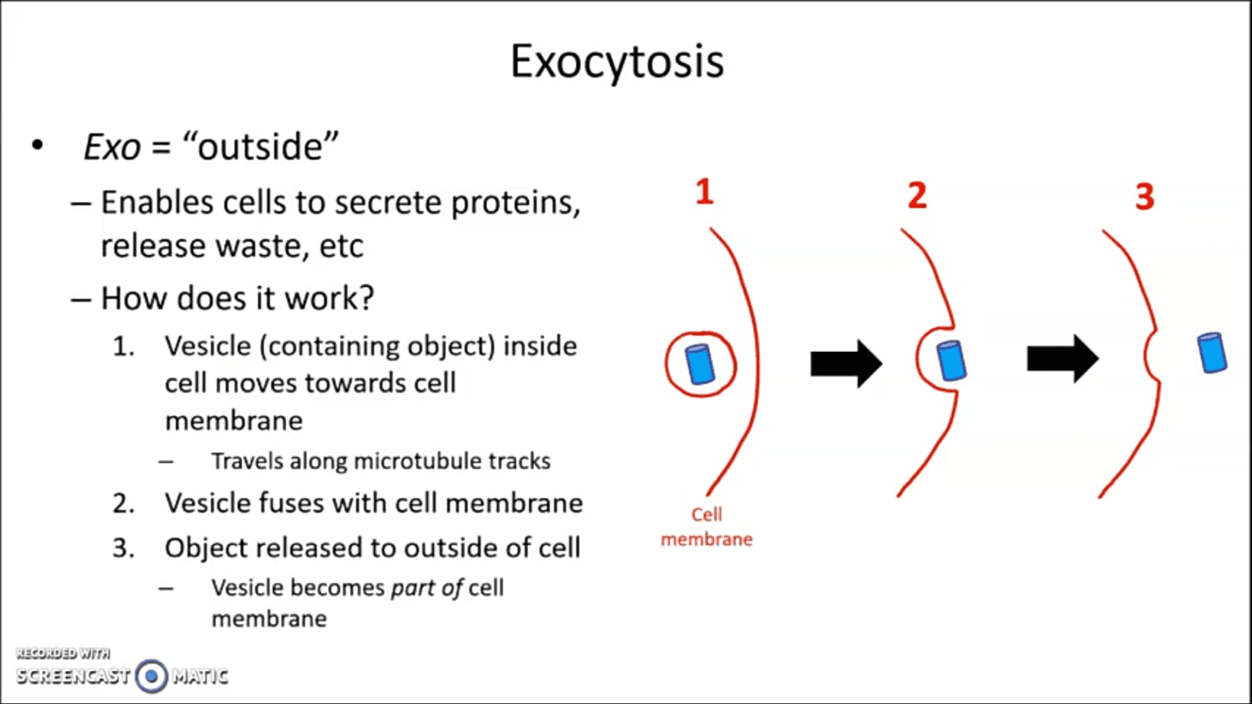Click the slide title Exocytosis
[617, 61]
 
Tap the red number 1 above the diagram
[704, 192]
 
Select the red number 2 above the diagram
[917, 196]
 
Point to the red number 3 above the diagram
[1144, 196]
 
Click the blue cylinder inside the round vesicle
[699, 364]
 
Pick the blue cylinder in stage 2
[950, 361]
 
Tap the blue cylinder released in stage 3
[1212, 353]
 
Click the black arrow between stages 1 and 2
[846, 363]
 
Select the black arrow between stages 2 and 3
[1062, 359]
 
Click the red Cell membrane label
[707, 527]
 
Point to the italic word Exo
[112, 147]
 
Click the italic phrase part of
[426, 588]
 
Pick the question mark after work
[366, 298]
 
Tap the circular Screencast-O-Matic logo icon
[152, 675]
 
